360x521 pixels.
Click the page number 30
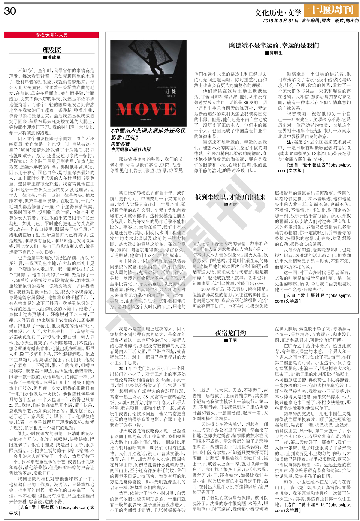tap(10, 11)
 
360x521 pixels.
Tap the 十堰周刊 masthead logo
tap(331, 10)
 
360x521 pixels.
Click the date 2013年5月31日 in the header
tap(281, 21)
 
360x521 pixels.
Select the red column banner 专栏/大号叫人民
tap(52, 35)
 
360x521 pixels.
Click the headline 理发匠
tap(52, 50)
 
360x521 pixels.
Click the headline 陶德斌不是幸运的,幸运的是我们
tap(274, 46)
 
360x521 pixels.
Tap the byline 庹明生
tap(274, 53)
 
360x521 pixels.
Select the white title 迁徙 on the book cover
tap(170, 91)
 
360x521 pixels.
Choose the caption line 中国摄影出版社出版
tap(131, 149)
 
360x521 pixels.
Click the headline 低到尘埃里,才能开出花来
tap(230, 197)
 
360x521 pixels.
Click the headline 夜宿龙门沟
tap(230, 333)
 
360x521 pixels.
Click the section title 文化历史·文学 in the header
tap(278, 13)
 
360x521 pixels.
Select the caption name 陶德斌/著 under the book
tap(121, 144)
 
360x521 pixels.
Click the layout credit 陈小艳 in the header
tap(352, 21)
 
